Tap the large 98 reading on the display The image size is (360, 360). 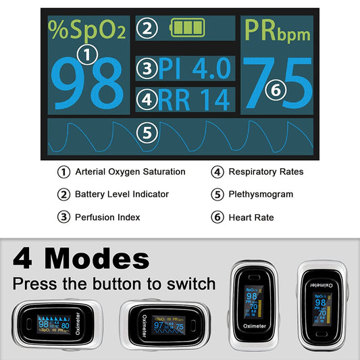coord(88,84)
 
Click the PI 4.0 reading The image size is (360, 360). coord(195,68)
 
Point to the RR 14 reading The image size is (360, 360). coord(195,99)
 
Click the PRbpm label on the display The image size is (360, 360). coord(278,30)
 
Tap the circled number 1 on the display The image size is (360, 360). coord(88,53)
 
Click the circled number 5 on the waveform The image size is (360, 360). coord(147,133)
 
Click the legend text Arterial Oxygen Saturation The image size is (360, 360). coord(130,172)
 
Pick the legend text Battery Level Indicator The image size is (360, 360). coord(122,195)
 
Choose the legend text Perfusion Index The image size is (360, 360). coord(107,217)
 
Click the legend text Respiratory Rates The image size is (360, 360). coord(265,172)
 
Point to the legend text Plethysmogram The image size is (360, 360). coord(261,195)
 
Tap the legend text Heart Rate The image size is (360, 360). coord(251,217)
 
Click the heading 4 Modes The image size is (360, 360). coord(82,259)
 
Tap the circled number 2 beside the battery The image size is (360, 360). coord(149,28)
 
